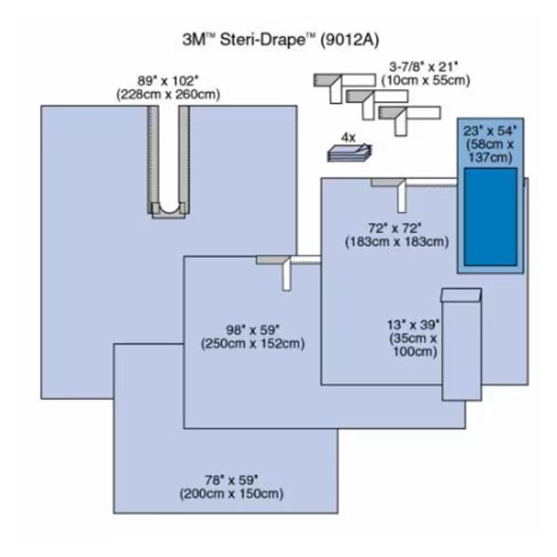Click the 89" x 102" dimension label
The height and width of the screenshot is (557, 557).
pos(167,81)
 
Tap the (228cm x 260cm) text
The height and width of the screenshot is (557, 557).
pos(167,94)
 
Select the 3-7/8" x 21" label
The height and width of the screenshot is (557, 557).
pos(423,67)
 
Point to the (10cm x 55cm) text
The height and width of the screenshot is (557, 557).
pos(423,81)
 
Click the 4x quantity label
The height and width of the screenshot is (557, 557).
pos(348,136)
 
